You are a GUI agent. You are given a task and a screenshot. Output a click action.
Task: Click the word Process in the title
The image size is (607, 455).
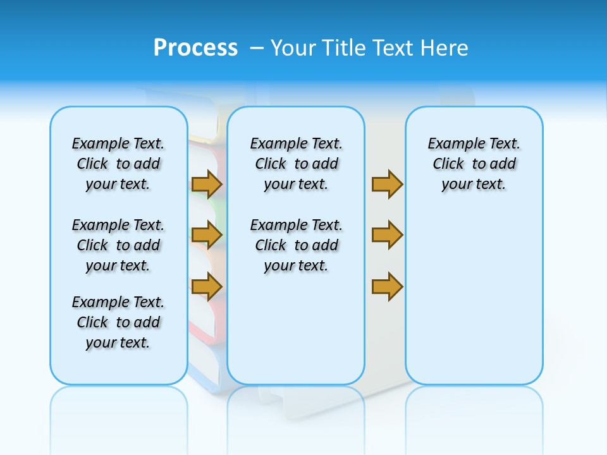pyautogui.click(x=195, y=47)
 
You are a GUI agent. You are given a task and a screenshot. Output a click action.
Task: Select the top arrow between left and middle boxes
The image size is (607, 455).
pyautogui.click(x=206, y=184)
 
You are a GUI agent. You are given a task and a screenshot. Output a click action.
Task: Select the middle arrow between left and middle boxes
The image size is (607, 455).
pyautogui.click(x=206, y=235)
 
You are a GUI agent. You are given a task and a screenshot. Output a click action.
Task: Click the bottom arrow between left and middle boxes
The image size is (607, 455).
pyautogui.click(x=206, y=287)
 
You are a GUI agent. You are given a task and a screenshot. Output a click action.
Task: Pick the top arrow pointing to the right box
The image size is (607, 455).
pyautogui.click(x=387, y=184)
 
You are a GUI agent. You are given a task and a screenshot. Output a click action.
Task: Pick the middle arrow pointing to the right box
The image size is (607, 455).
pyautogui.click(x=387, y=235)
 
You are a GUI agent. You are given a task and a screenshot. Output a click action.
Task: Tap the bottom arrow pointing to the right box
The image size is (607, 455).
pyautogui.click(x=387, y=287)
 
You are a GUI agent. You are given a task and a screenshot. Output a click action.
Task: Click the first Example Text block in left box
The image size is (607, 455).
pyautogui.click(x=118, y=164)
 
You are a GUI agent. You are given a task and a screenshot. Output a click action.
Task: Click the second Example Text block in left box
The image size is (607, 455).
pyautogui.click(x=118, y=245)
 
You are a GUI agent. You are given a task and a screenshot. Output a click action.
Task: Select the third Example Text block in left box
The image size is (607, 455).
pyautogui.click(x=118, y=322)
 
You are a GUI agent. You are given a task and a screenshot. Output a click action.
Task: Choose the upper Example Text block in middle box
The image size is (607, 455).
pyautogui.click(x=296, y=164)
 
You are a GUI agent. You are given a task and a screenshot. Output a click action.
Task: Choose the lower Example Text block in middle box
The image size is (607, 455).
pyautogui.click(x=296, y=245)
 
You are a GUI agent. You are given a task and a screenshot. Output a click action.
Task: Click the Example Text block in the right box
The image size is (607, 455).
pyautogui.click(x=474, y=164)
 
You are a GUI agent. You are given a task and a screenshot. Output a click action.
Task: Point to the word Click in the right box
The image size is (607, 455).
pyautogui.click(x=448, y=164)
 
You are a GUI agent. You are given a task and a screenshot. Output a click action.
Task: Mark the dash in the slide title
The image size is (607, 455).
pyautogui.click(x=257, y=48)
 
